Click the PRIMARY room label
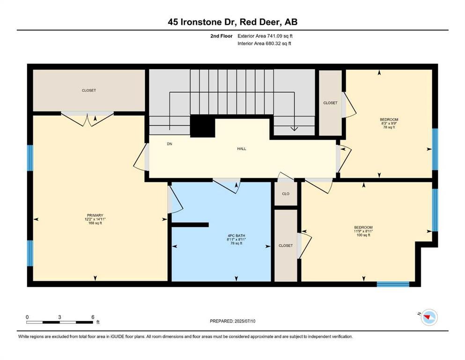click(95, 216)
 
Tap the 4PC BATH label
click(236, 236)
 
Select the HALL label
click(241, 149)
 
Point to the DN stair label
click(170, 144)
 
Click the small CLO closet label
click(286, 194)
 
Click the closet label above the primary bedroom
click(89, 90)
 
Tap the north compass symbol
click(428, 317)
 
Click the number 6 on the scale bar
click(93, 317)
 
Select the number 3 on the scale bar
click(59, 317)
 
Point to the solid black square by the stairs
click(203, 126)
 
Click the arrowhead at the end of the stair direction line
click(294, 128)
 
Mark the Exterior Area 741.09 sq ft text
click(265, 36)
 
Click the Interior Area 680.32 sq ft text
click(264, 44)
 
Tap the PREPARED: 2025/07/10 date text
click(232, 321)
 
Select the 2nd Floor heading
click(221, 36)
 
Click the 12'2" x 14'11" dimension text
click(95, 219)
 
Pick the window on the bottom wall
click(393, 284)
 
